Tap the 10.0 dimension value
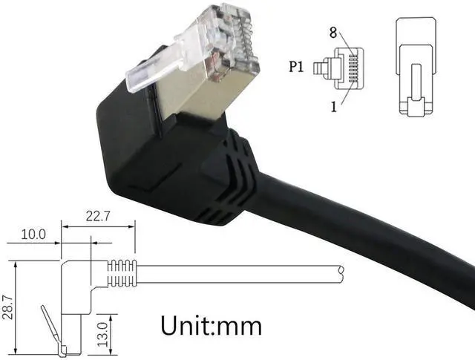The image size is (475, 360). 33,234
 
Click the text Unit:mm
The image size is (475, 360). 212,324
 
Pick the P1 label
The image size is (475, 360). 297,68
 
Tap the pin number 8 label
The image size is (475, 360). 333,32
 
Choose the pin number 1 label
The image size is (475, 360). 334,106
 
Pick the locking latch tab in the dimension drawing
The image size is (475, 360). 47,327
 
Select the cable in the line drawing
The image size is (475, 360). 237,273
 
